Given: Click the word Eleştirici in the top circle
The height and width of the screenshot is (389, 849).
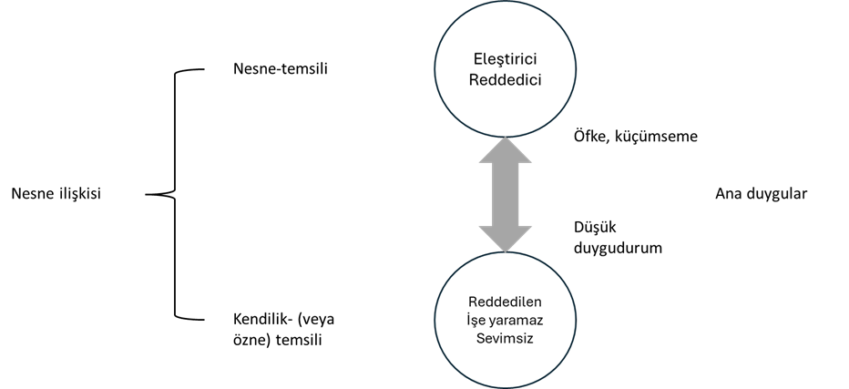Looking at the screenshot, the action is [x=506, y=58].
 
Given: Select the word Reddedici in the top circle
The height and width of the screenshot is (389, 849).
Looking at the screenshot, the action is [x=506, y=79].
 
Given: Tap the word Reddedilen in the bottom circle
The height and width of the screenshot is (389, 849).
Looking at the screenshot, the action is [x=506, y=302].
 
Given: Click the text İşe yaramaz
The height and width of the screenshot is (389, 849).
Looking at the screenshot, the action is [x=506, y=320].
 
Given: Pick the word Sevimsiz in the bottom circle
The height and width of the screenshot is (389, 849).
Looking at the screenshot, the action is [x=506, y=339].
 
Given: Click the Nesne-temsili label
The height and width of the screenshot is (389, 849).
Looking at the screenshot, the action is [x=281, y=69].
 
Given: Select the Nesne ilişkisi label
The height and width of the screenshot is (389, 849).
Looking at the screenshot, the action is [x=56, y=193].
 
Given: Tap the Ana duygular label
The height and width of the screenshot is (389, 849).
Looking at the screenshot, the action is [x=762, y=194].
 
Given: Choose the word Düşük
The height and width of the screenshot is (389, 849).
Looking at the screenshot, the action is [x=595, y=227].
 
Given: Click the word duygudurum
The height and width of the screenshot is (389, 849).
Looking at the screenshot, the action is [x=619, y=248].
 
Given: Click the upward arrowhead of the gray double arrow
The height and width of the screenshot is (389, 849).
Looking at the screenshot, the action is [x=506, y=150].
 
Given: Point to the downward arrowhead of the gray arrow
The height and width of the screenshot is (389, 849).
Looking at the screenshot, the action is [x=506, y=239].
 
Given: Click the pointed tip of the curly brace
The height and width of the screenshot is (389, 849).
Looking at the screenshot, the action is [x=146, y=194].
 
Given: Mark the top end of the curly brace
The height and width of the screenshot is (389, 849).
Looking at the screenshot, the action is [x=204, y=69].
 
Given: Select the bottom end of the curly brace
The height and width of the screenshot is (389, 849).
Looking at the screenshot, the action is [x=204, y=319].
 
